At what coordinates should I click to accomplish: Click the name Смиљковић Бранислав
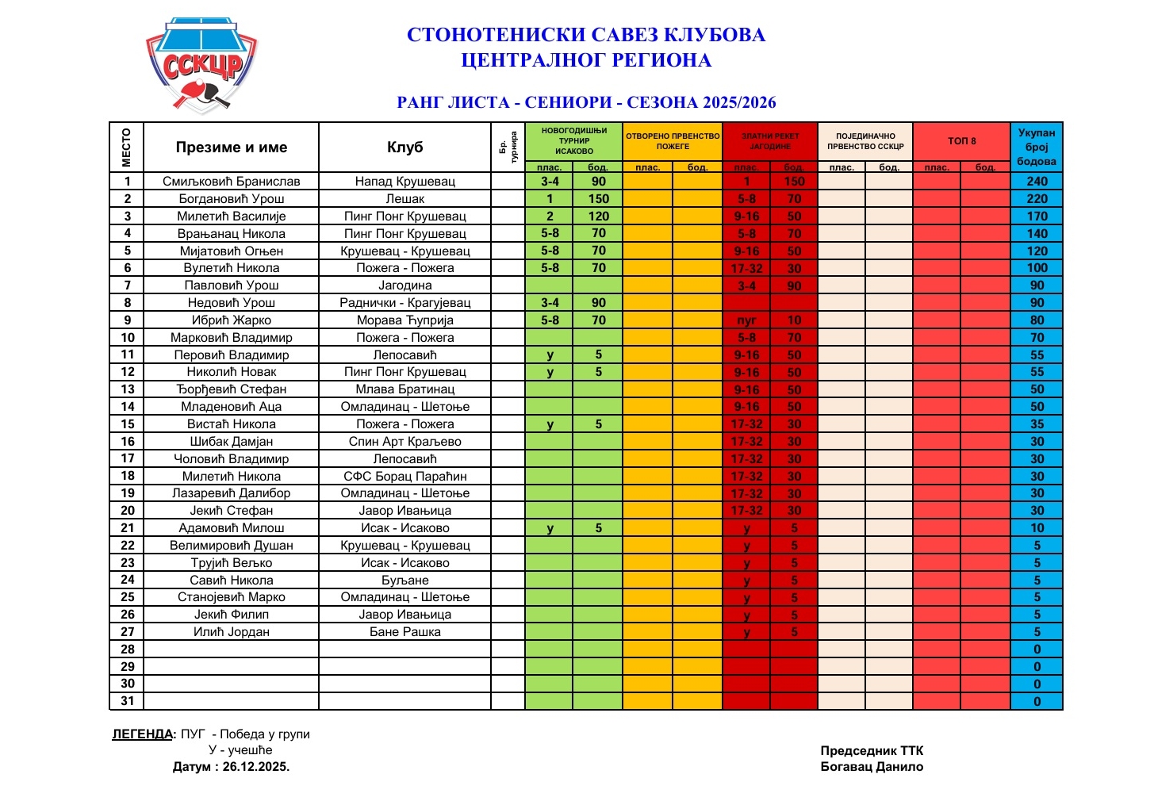[x=231, y=182]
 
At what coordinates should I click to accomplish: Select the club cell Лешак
[x=404, y=199]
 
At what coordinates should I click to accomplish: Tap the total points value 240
[x=1037, y=182]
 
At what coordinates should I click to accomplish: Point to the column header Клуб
[x=404, y=148]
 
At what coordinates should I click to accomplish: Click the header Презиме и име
[x=231, y=148]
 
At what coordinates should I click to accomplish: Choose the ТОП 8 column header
[x=961, y=141]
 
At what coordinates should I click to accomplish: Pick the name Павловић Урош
[x=231, y=286]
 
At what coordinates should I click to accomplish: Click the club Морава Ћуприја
[x=404, y=320]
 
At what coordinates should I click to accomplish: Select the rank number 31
[x=127, y=701]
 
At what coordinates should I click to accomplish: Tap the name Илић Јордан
[x=231, y=632]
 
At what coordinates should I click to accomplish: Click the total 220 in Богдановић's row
[x=1037, y=199]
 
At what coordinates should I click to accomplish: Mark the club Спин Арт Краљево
[x=404, y=442]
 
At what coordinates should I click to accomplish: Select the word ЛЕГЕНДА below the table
[x=142, y=734]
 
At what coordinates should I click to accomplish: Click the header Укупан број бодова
[x=1037, y=148]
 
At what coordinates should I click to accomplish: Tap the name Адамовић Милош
[x=231, y=528]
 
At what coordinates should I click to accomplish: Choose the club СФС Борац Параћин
[x=404, y=477]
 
